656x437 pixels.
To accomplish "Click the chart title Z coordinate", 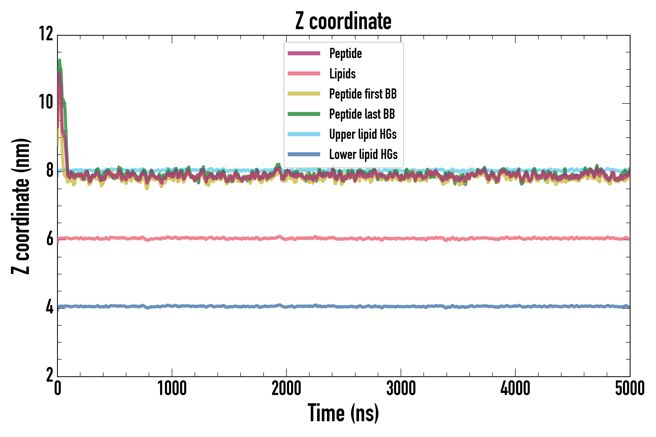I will (x=343, y=21).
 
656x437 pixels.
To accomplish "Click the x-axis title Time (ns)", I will (x=343, y=413).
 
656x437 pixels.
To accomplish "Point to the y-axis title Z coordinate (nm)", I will (x=20, y=206).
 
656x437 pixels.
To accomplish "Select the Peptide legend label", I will (x=345, y=53).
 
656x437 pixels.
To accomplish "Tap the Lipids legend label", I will (x=343, y=74).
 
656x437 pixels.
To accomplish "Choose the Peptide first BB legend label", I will (x=363, y=94).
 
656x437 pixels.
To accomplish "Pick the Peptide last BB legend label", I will (x=362, y=114).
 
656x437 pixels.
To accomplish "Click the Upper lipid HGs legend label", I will (x=363, y=134).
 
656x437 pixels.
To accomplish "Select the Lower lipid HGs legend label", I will (x=363, y=154).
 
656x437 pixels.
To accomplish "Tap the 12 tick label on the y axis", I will (x=46, y=34).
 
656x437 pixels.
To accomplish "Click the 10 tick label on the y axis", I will (x=46, y=102).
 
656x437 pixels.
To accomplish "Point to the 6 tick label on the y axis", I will (x=50, y=239).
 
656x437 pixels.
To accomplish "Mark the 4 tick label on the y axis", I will (x=50, y=307).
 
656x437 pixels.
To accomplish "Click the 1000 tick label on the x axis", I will (x=172, y=388).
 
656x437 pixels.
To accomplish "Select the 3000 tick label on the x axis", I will (x=401, y=388).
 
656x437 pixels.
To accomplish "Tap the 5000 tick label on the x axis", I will (x=630, y=388).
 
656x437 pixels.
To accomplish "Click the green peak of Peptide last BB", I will (x=60, y=61).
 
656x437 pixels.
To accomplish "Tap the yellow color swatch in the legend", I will (x=304, y=94).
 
